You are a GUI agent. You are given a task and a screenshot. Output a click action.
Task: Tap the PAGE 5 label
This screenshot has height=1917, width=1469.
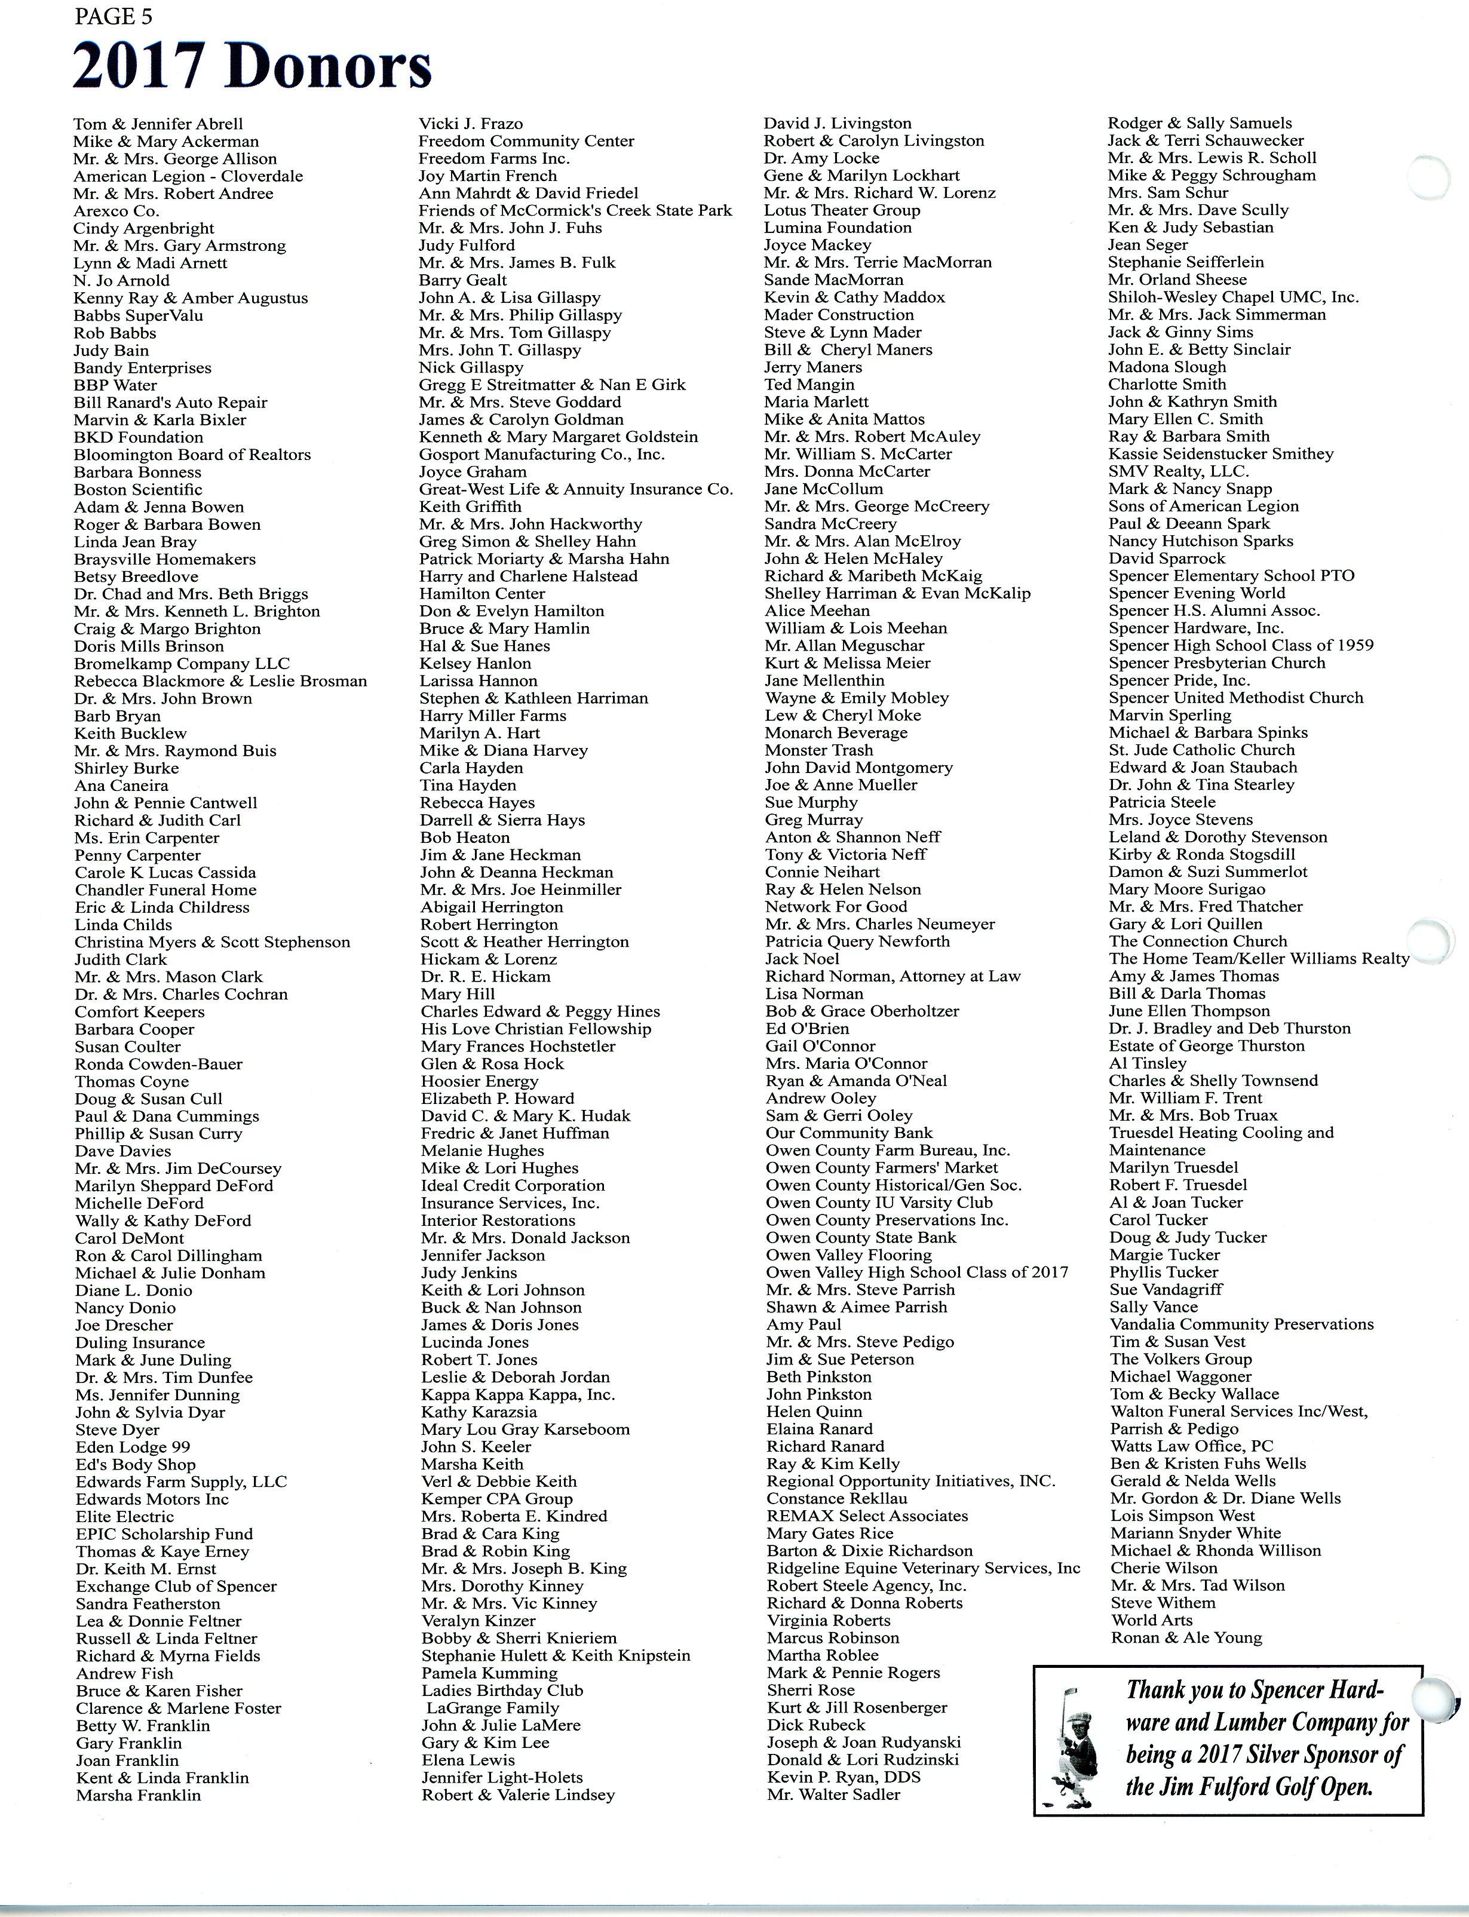pos(107,17)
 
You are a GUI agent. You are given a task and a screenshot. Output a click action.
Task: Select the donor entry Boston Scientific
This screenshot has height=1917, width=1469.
pos(138,489)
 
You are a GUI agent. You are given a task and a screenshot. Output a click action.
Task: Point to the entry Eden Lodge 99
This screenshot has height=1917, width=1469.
pos(133,1447)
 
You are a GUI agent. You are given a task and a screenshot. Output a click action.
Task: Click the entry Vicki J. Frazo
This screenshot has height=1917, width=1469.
pos(470,123)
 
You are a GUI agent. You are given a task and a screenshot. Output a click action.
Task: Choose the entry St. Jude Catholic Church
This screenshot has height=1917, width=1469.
pos(1201,750)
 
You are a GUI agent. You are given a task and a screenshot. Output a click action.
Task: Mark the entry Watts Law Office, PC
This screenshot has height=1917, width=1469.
pos(1192,1446)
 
